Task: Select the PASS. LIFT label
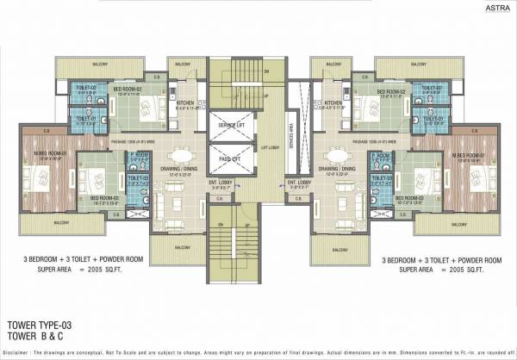click(228, 160)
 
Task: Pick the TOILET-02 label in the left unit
click(85, 89)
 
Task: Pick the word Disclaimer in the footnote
click(19, 353)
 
